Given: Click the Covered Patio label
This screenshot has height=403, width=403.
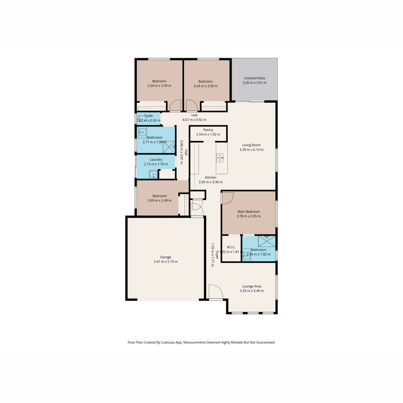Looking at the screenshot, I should [254, 78].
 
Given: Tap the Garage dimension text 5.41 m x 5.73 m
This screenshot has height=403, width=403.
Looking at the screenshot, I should [166, 262].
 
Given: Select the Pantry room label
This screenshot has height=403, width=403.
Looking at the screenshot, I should [208, 130].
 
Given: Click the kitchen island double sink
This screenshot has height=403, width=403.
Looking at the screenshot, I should [220, 158].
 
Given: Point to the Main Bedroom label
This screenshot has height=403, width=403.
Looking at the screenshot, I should [249, 212].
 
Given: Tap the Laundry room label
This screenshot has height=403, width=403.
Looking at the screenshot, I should [156, 159].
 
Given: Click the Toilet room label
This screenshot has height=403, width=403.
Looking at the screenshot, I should [149, 116].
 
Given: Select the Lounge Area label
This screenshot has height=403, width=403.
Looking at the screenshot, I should [252, 286].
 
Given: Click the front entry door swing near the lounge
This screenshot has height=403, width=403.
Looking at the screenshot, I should [215, 292].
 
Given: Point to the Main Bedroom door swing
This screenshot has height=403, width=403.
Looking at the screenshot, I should [227, 198].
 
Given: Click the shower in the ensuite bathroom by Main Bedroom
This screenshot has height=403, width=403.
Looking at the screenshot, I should [266, 241].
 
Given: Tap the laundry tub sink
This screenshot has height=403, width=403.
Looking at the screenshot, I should [153, 174].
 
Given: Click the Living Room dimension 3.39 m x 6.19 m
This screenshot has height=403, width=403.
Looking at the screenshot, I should [252, 150].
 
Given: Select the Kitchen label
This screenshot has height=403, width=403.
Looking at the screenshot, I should [210, 177].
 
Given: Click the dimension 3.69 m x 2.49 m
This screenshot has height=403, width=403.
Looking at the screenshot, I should [160, 200].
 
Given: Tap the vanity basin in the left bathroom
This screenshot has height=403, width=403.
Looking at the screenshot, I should [142, 132].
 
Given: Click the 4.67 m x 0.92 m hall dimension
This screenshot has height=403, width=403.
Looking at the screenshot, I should [194, 120].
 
